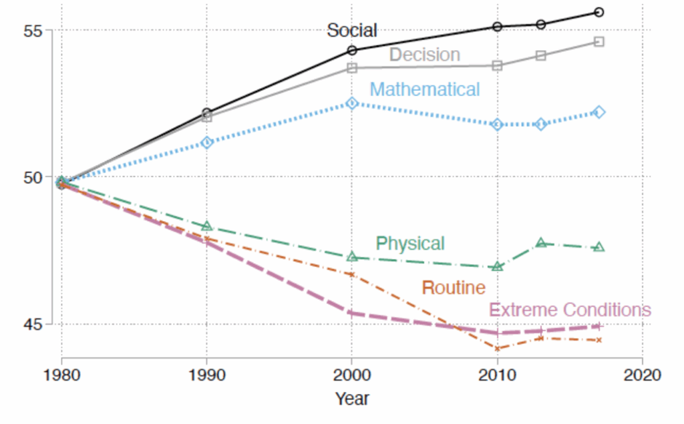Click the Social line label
pos(351,30)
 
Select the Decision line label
pos(424,55)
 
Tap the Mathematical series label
pos(424,89)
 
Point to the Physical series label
pos(410,243)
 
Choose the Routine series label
pos(454,288)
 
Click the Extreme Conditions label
pos(570,310)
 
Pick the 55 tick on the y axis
pos(33,31)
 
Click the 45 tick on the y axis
pos(33,325)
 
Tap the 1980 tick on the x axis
pos(61,375)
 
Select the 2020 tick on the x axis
pos(642,375)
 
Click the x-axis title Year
pos(352,399)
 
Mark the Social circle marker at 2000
pos(352,50)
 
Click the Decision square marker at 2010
pos(497,65)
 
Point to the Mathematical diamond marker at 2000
pos(352,103)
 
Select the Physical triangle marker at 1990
pos(207,226)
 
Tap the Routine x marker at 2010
pos(497,349)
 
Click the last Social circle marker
pos(599,12)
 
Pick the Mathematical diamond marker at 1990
pos(207,142)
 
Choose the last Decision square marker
pos(599,41)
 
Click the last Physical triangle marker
pos(599,247)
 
